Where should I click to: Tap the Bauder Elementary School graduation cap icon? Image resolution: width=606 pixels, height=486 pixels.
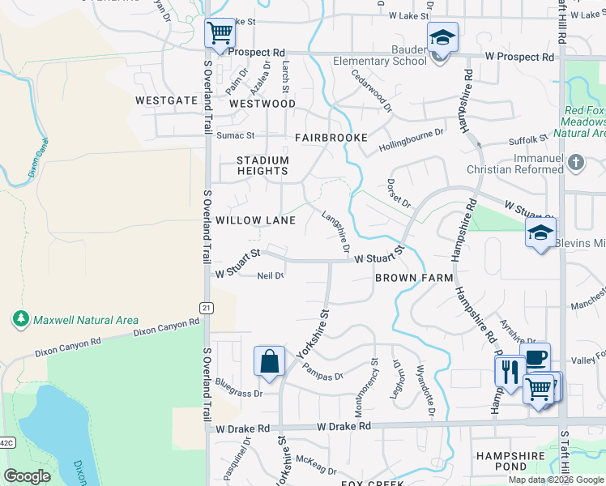pos(442,38)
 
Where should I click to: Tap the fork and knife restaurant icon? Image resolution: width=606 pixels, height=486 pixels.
pos(510,372)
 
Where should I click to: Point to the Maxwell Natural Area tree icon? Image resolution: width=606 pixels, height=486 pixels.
pos(21,320)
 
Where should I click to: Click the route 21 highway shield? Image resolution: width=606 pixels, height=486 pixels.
pos(207,306)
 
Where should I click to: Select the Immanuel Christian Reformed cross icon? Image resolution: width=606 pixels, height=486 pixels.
pos(575,162)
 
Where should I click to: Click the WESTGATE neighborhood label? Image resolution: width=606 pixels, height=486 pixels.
pos(166,100)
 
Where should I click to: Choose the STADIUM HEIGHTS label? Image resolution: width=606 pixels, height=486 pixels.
pos(262,165)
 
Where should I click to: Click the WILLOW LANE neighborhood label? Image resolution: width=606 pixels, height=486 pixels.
pos(254,220)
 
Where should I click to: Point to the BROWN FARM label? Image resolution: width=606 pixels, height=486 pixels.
pos(413,278)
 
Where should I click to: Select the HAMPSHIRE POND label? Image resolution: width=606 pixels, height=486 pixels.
pos(510,462)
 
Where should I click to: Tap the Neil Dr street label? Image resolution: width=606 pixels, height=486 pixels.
pos(270,276)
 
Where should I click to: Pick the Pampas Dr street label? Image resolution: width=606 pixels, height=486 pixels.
pos(323,371)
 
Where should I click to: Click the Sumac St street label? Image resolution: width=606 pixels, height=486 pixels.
pos(235,135)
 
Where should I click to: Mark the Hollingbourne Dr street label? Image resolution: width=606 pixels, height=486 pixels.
pos(412,142)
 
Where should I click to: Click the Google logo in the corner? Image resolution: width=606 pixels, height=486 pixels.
pos(27,476)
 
